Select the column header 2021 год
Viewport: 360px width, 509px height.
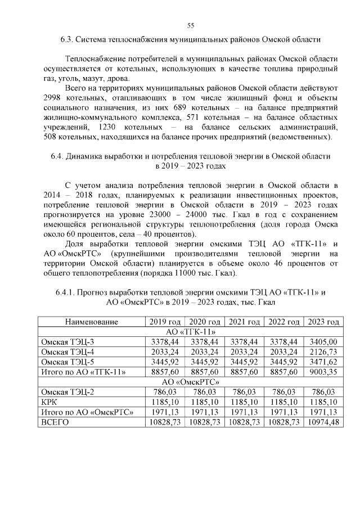244,322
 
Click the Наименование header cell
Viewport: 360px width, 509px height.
91,322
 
